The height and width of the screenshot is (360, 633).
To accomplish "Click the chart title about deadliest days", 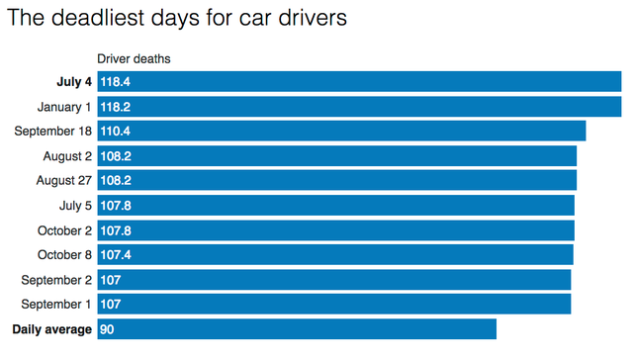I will click(178, 20).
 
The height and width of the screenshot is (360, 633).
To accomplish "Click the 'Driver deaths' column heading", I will click(134, 59).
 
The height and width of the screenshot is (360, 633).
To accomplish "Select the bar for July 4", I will click(359, 81).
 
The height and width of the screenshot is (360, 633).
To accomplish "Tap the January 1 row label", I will click(64, 106).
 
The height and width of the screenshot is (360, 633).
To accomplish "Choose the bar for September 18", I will click(341, 131).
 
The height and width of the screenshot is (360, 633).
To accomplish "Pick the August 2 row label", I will click(67, 155).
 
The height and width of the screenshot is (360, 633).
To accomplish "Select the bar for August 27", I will click(336, 180).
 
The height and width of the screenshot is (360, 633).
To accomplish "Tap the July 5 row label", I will click(75, 205).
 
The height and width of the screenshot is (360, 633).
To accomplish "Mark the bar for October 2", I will click(335, 229).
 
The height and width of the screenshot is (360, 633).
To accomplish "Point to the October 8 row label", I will click(65, 254).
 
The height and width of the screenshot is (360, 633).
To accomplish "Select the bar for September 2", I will click(333, 279).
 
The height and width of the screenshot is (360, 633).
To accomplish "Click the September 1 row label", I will click(53, 304).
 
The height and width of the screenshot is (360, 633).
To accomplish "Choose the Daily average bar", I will click(297, 328).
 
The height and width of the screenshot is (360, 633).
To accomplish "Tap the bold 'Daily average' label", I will click(51, 328).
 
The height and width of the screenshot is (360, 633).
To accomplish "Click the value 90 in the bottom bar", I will click(107, 328).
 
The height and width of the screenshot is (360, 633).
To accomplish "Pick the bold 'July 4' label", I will click(74, 81).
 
